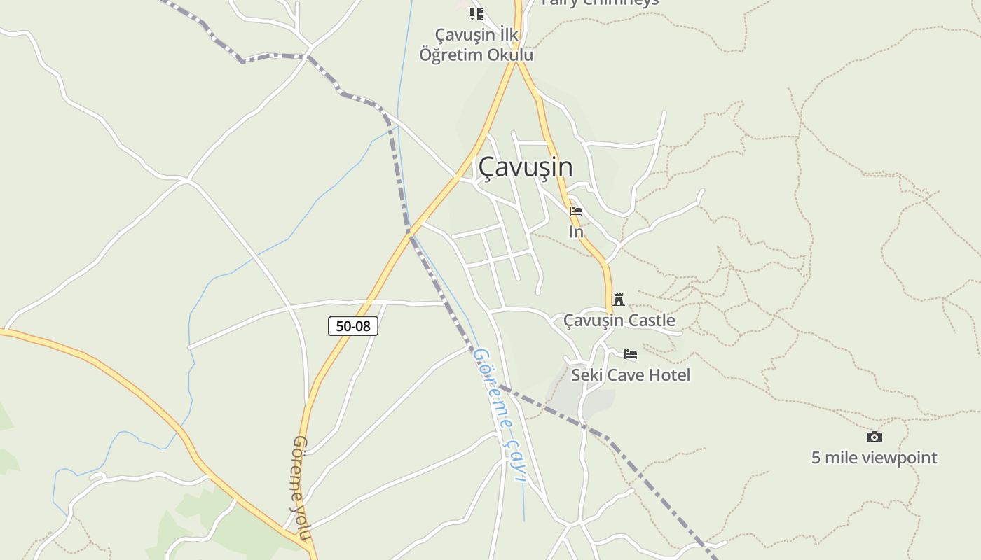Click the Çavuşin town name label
tap(526, 167)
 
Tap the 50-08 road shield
tap(353, 326)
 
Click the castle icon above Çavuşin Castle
tap(619, 299)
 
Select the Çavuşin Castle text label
tap(619, 321)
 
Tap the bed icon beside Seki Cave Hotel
tap(631, 354)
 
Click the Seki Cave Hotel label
tap(631, 375)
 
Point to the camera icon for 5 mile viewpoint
tap(874, 437)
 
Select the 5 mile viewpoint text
tap(874, 458)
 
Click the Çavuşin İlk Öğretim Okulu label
tap(476, 45)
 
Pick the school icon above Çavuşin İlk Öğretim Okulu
tap(476, 13)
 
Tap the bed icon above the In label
tap(576, 211)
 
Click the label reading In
tap(576, 232)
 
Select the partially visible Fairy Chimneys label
tap(600, 3)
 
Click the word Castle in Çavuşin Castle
tap(651, 321)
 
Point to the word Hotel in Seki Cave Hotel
tap(668, 375)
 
